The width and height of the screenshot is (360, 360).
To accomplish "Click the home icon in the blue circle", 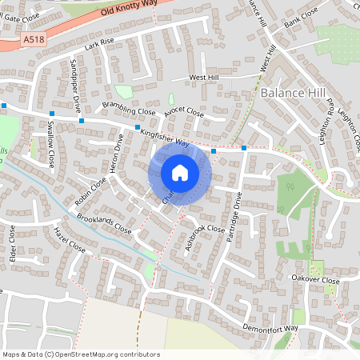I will pyautogui.click(x=179, y=172).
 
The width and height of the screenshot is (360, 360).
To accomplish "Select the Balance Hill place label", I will pyautogui.click(x=294, y=94).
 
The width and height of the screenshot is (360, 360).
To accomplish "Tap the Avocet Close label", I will pyautogui.click(x=183, y=114).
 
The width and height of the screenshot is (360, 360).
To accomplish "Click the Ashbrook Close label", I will pyautogui.click(x=205, y=237).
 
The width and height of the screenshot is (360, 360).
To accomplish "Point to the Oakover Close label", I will pyautogui.click(x=316, y=281).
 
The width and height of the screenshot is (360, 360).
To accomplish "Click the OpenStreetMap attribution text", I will pyautogui.click(x=81, y=354).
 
